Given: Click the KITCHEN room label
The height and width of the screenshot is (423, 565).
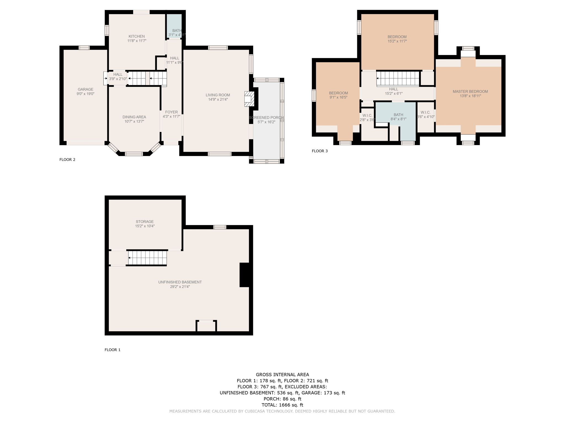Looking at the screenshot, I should click(137, 36).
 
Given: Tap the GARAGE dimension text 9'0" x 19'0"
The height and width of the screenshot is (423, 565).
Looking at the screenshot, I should click(86, 94).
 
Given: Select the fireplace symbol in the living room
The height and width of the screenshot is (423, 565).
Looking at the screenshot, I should click(249, 99).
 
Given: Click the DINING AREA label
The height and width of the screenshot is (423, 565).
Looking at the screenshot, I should click(134, 117).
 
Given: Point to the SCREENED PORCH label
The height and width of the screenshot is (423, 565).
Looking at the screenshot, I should click(266, 118).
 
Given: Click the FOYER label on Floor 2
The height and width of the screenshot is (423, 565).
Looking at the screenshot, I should click(171, 112).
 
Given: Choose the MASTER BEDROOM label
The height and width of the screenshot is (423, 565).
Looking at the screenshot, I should click(470, 91).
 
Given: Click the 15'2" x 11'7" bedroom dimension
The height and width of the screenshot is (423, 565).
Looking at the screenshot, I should click(397, 41).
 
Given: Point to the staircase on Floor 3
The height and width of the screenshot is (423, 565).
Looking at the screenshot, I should click(398, 78).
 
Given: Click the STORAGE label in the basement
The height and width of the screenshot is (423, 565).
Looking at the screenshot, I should click(145, 222).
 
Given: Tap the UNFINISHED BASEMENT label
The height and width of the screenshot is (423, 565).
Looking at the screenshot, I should click(180, 282).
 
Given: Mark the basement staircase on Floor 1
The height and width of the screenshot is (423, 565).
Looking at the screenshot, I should click(148, 258).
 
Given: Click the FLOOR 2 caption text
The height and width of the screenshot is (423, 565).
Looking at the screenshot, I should click(67, 160).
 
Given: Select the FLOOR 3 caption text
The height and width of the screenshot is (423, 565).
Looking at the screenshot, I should click(320, 151).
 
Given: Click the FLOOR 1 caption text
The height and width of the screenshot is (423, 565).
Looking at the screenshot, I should click(113, 350).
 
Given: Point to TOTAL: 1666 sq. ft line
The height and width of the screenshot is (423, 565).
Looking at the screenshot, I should click(282, 405).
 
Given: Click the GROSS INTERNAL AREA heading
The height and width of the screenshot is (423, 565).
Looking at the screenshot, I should click(282, 375).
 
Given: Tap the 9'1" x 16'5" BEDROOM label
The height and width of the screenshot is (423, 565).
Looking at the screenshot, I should click(338, 93).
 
